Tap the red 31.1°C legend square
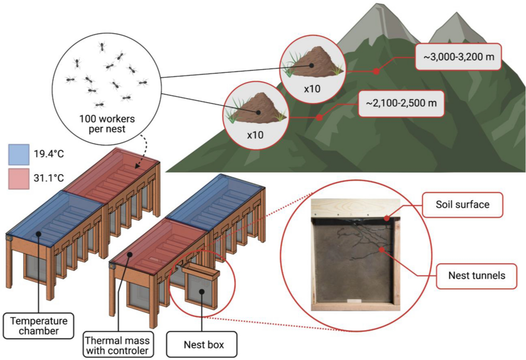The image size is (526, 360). click(19, 179)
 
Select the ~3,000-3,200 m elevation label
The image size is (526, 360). click(458, 56)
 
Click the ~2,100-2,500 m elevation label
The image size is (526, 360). click(401, 103)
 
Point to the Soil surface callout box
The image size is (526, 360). click(462, 204)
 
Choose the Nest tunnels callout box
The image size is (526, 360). click(476, 276)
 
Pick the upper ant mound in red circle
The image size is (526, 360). click(312, 64)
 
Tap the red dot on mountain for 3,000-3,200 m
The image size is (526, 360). click(376, 71)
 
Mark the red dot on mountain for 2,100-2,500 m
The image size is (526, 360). click(320, 118)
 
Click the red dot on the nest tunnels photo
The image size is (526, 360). click(382, 250)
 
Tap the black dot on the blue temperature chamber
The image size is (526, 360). click(39, 234)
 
